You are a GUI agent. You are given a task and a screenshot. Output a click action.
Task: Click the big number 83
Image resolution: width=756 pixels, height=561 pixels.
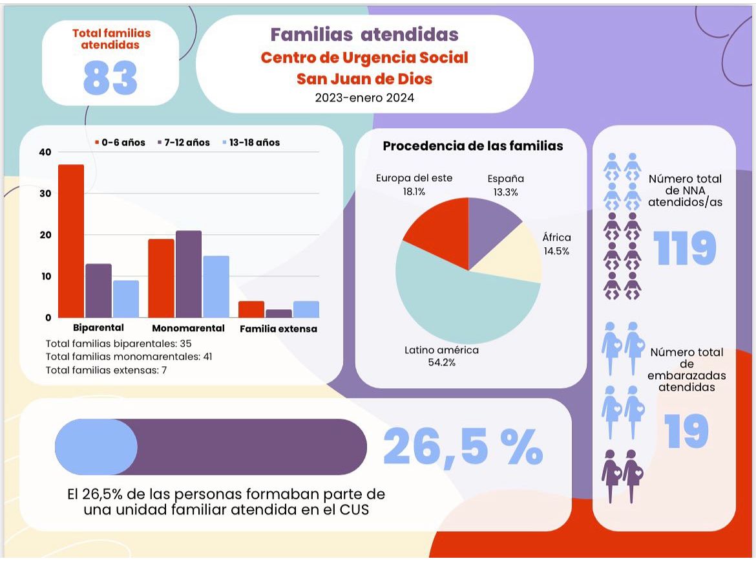pyautogui.click(x=110, y=78)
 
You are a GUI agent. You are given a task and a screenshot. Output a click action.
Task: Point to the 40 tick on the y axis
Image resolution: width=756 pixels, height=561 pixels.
pyautogui.click(x=45, y=152)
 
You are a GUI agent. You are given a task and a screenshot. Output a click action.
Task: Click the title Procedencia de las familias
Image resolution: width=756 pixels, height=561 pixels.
pyautogui.click(x=472, y=146)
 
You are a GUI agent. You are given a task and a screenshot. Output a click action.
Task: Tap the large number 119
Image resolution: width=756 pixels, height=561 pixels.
pyautogui.click(x=685, y=248)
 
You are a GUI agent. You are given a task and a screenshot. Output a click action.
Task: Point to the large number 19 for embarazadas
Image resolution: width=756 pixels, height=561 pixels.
pyautogui.click(x=686, y=432)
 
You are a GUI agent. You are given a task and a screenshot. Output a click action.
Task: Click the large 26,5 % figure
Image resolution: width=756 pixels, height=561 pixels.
pyautogui.click(x=463, y=446)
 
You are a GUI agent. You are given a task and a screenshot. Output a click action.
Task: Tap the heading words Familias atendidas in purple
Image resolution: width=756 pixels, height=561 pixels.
pyautogui.click(x=364, y=34)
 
